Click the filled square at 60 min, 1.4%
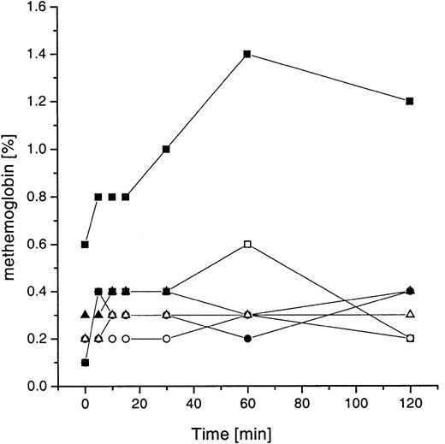pyautogui.click(x=247, y=54)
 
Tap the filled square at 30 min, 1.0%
pyautogui.click(x=166, y=149)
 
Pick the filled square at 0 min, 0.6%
pyautogui.click(x=85, y=244)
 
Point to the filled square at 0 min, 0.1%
pyautogui.click(x=85, y=363)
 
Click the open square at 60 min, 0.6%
pyautogui.click(x=247, y=244)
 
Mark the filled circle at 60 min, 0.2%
pyautogui.click(x=247, y=339)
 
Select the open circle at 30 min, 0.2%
pyautogui.click(x=166, y=339)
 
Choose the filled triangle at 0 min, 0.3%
pyautogui.click(x=85, y=314)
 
